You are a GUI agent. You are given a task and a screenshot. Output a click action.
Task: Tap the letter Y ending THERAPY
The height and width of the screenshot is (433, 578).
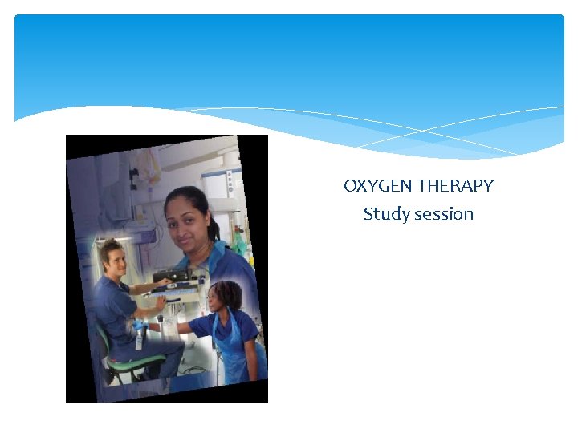488,186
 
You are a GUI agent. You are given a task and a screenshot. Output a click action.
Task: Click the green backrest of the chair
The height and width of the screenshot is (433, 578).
101,336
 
